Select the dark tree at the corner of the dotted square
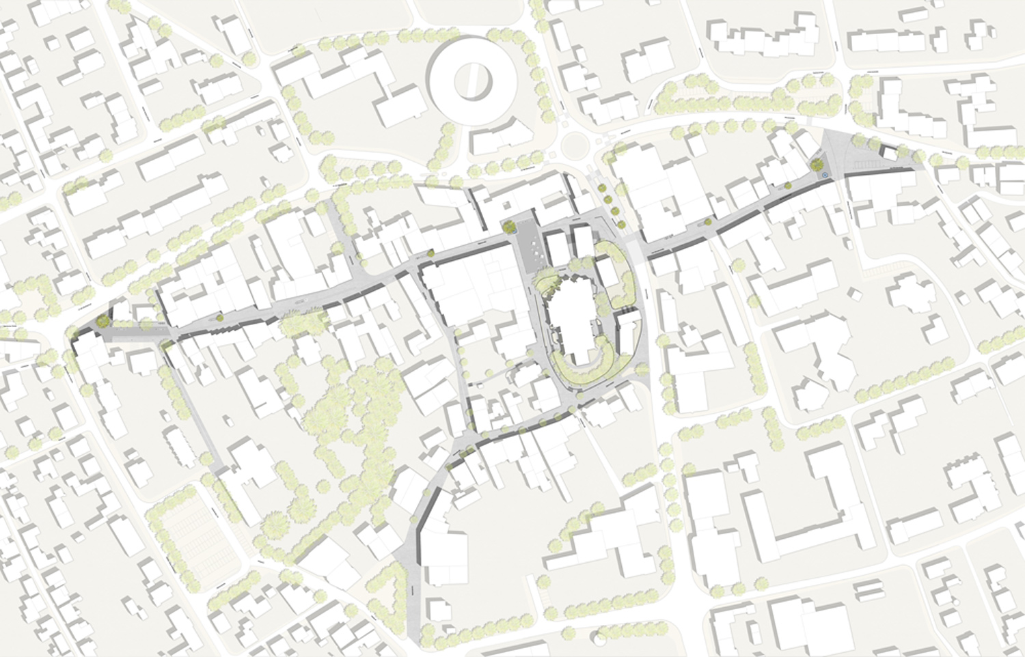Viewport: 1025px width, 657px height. tap(509, 225)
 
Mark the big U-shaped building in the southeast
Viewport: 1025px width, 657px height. tap(806, 505)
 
